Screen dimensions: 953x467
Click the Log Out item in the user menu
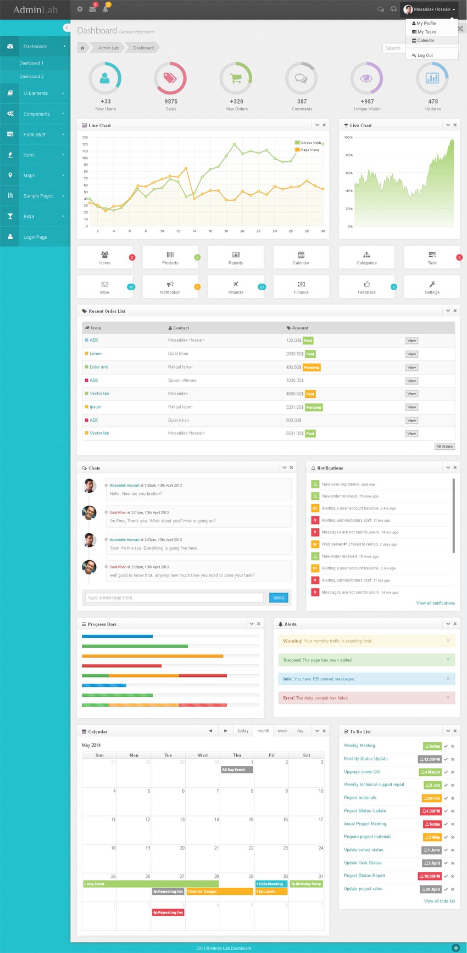pyautogui.click(x=425, y=55)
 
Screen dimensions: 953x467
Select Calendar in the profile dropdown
pyautogui.click(x=425, y=41)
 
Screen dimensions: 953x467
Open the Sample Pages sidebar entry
pyautogui.click(x=38, y=196)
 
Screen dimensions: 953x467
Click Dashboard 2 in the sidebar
pyautogui.click(x=31, y=76)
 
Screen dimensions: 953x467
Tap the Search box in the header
pyautogui.click(x=393, y=48)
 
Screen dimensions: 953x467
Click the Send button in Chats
pyautogui.click(x=279, y=597)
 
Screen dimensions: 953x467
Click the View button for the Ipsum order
pyautogui.click(x=412, y=407)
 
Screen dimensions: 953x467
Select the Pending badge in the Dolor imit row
pyautogui.click(x=312, y=368)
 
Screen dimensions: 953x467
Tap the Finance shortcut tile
pyautogui.click(x=301, y=287)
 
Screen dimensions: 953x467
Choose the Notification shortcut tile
pyautogui.click(x=170, y=287)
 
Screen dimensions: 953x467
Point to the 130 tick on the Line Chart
pyautogui.click(x=85, y=138)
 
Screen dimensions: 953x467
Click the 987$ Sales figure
pyautogui.click(x=171, y=101)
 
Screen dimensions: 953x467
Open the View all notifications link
pyautogui.click(x=435, y=603)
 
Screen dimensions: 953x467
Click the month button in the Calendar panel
pyautogui.click(x=263, y=731)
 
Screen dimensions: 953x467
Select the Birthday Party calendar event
pyautogui.click(x=306, y=884)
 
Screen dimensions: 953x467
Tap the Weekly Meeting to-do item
pyautogui.click(x=359, y=746)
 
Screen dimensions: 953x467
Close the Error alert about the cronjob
pyautogui.click(x=448, y=697)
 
